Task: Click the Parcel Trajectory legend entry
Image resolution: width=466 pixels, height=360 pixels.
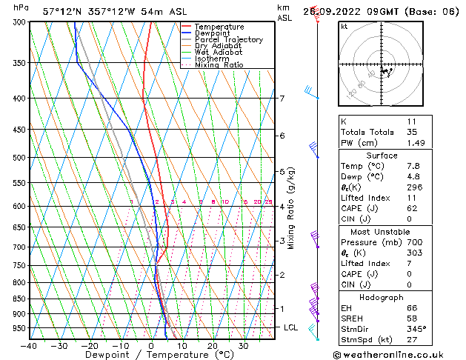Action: pos(228,39)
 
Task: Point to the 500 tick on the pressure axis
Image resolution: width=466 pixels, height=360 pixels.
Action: pos(20,158)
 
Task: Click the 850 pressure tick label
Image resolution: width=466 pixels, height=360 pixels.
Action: pos(20,299)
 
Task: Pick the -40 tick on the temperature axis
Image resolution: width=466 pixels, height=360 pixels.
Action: pos(30,346)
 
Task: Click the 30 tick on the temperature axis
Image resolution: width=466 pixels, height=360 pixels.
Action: pos(243,346)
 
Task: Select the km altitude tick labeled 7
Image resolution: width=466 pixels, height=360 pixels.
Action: pos(282,99)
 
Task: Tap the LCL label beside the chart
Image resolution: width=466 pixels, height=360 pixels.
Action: pos(292,327)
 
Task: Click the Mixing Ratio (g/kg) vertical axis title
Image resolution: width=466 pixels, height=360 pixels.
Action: pos(292,208)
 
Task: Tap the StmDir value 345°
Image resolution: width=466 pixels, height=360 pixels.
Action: pos(416,329)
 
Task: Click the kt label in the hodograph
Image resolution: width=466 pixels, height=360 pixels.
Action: pos(344,26)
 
